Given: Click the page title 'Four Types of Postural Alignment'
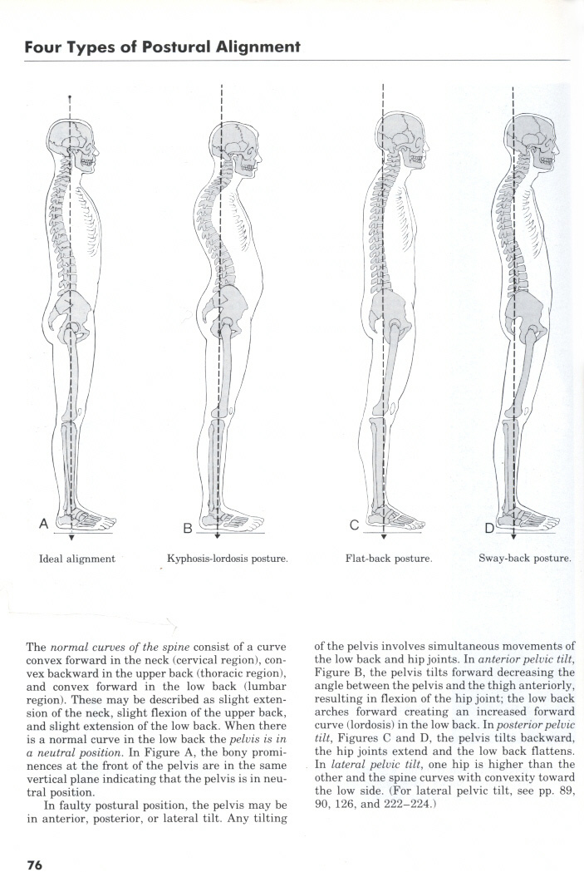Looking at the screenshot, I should coord(162,47).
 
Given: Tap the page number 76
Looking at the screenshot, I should coord(34,865).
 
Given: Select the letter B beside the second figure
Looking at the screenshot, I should coord(188,527).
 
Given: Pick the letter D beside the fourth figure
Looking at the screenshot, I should coord(488,527).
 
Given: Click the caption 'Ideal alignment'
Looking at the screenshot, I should coord(77,559).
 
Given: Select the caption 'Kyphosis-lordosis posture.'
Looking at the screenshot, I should coord(227,559).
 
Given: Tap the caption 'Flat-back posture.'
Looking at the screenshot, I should coord(389,559).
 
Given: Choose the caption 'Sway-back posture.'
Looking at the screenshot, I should coord(525,559).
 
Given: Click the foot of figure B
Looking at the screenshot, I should coord(237,521).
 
